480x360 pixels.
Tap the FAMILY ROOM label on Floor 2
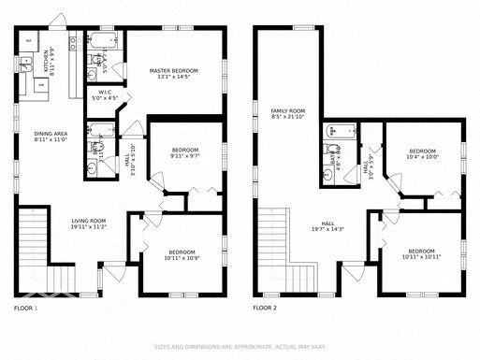pos(288,110)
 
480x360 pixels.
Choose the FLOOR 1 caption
pos(26,308)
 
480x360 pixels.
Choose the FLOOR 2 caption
pos(267,308)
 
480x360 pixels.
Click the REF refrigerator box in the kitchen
pos(28,42)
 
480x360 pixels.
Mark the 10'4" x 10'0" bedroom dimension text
pos(422,157)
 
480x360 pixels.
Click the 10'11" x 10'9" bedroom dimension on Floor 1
pos(182,257)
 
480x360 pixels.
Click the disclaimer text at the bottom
pos(240,346)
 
